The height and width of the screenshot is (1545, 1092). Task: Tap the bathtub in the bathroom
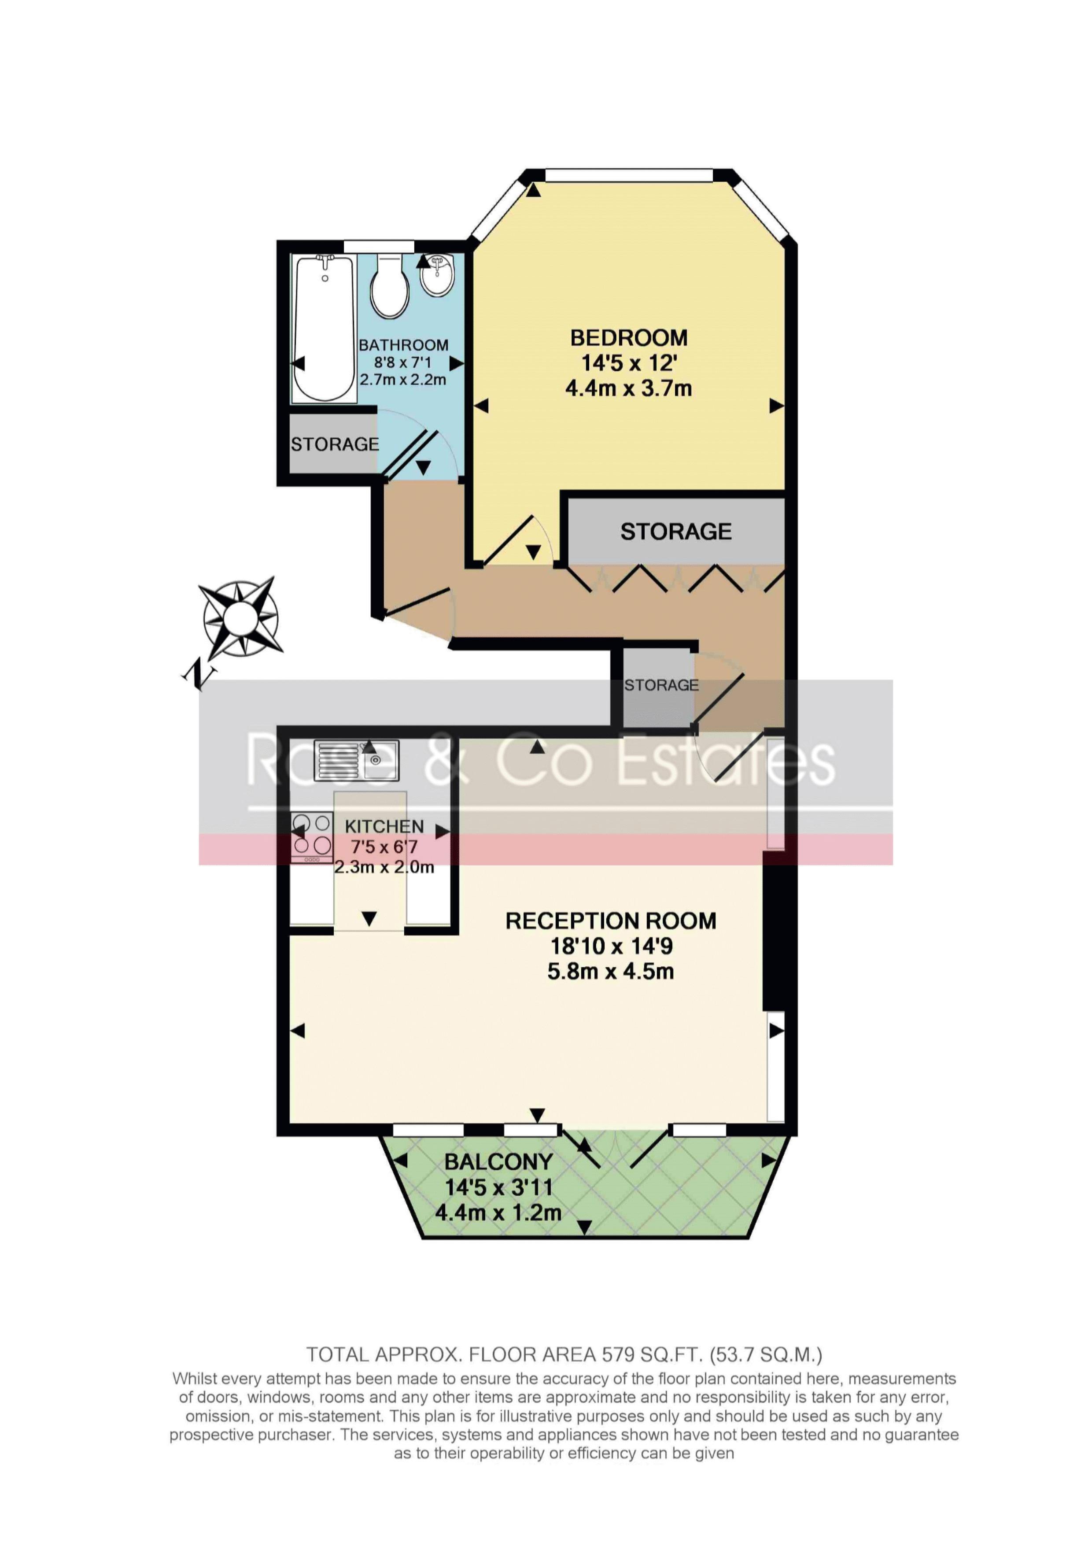[325, 329]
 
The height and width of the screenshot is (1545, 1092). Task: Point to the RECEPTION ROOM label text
[611, 920]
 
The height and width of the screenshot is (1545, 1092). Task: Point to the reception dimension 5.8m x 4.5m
[610, 972]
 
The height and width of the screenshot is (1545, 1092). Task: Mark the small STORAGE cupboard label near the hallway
[661, 685]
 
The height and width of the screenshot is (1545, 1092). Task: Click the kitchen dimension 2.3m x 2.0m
[384, 867]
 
